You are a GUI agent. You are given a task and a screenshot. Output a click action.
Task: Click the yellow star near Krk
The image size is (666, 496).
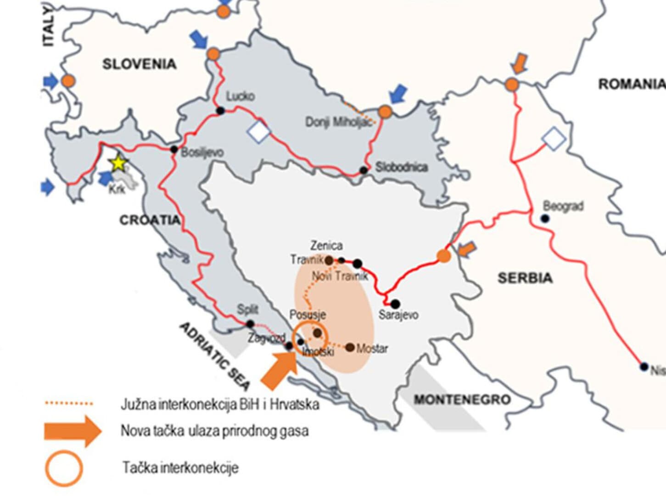click(118, 163)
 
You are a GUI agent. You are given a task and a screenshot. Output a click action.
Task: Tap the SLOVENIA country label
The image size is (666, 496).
click(139, 64)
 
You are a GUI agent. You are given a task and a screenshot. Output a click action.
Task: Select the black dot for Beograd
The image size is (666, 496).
click(545, 219)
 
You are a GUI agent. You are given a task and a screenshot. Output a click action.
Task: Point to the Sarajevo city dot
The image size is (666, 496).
click(395, 304)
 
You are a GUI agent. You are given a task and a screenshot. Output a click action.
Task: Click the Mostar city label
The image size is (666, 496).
click(372, 349)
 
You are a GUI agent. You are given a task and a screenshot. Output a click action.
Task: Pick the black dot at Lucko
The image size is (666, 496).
click(220, 110)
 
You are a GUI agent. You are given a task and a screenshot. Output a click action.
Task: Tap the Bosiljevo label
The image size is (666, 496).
click(202, 152)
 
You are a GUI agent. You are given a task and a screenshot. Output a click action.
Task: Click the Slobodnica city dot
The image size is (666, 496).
click(364, 170)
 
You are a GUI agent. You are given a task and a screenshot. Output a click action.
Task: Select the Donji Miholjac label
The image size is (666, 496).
click(339, 122)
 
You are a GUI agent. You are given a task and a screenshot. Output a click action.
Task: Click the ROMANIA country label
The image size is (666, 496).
click(631, 84)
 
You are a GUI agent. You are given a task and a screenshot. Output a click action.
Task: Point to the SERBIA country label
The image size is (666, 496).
click(525, 278)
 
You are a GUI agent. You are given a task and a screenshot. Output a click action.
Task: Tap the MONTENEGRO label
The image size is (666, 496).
click(462, 400)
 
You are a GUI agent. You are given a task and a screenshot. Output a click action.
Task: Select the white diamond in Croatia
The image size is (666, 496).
click(259, 132)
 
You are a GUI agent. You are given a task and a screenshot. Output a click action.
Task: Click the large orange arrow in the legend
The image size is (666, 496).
click(72, 431)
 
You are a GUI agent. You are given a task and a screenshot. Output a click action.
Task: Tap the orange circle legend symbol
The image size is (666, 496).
click(64, 468)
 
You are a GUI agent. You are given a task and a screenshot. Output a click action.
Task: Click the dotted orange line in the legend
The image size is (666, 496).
click(69, 404)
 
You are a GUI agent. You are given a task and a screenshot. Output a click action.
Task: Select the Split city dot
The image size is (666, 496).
click(250, 324)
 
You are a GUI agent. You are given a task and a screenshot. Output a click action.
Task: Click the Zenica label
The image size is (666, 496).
click(326, 246)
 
